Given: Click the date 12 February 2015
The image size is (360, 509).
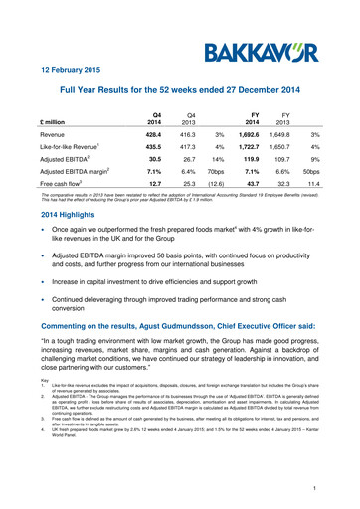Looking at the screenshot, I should (63, 71).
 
